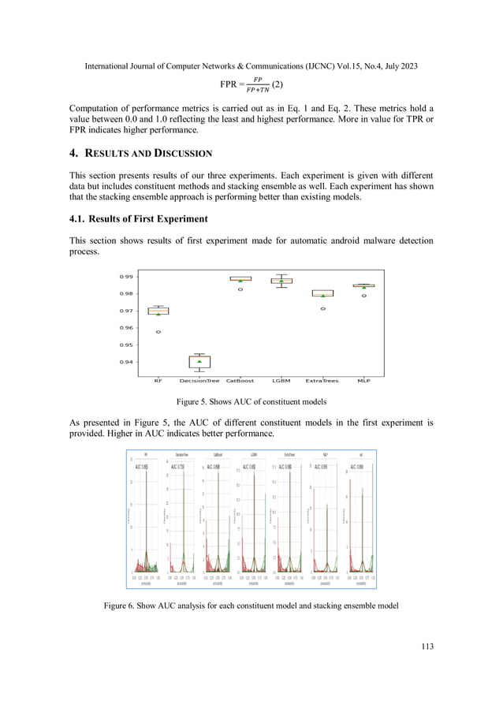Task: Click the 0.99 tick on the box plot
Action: [x=125, y=277]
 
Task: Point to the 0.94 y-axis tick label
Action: [x=125, y=363]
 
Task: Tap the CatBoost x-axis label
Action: [x=240, y=381]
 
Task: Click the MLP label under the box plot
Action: [x=363, y=381]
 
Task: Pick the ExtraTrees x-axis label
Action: [x=322, y=381]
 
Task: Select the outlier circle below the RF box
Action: [x=158, y=332]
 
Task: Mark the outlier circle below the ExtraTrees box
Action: [x=322, y=308]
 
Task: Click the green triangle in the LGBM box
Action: [x=281, y=281]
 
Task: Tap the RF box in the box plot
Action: [x=158, y=311]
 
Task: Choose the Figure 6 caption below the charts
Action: [x=251, y=606]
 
